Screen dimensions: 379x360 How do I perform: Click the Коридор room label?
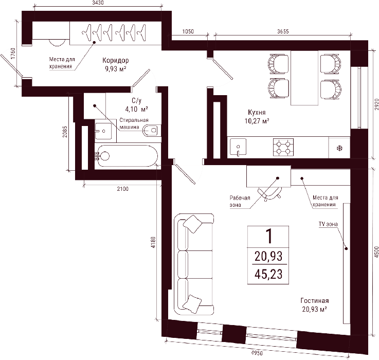click(x=116, y=60)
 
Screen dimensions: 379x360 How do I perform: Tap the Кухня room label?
click(x=257, y=112)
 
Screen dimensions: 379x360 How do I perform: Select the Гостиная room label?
click(x=315, y=300)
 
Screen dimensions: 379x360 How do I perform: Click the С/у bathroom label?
click(x=137, y=101)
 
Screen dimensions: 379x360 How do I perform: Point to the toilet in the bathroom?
click(x=152, y=131)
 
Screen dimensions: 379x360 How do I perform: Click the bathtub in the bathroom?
click(x=126, y=156)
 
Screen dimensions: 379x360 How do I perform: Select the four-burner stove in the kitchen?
click(x=283, y=147)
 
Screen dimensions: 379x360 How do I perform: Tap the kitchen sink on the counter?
click(x=238, y=147)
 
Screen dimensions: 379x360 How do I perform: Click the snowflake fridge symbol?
click(x=339, y=148)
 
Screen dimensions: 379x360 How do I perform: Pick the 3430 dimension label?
click(x=98, y=3)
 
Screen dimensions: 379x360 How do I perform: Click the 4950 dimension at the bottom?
click(x=257, y=353)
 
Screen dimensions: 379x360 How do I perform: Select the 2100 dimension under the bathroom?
click(x=123, y=189)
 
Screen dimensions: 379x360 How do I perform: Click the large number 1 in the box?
click(x=268, y=236)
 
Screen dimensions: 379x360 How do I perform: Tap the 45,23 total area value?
click(x=268, y=274)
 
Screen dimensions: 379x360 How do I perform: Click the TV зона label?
click(x=328, y=224)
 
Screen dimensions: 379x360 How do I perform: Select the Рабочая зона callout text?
click(x=240, y=202)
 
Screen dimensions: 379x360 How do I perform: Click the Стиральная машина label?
click(x=134, y=123)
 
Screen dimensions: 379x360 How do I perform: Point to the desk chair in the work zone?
click(x=269, y=193)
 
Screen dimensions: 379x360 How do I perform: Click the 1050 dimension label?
click(x=188, y=31)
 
